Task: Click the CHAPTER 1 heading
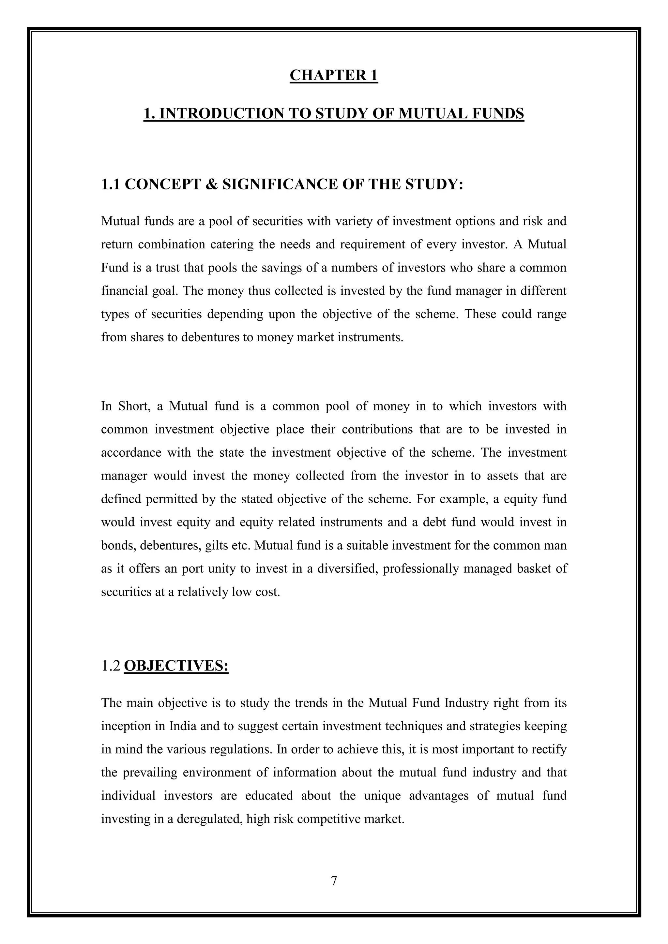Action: coord(334,76)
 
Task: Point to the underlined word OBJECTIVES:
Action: coord(176,666)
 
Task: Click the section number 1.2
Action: coord(111,666)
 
